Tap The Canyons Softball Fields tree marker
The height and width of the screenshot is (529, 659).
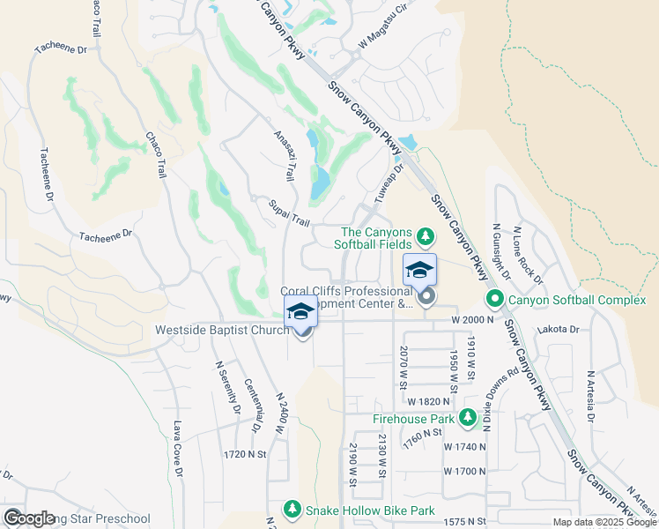(426, 236)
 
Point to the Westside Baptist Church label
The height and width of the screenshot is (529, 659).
(222, 331)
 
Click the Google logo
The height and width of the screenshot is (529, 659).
(29, 518)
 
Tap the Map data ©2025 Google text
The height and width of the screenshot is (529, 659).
(604, 522)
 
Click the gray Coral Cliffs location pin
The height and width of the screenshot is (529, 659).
(426, 296)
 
